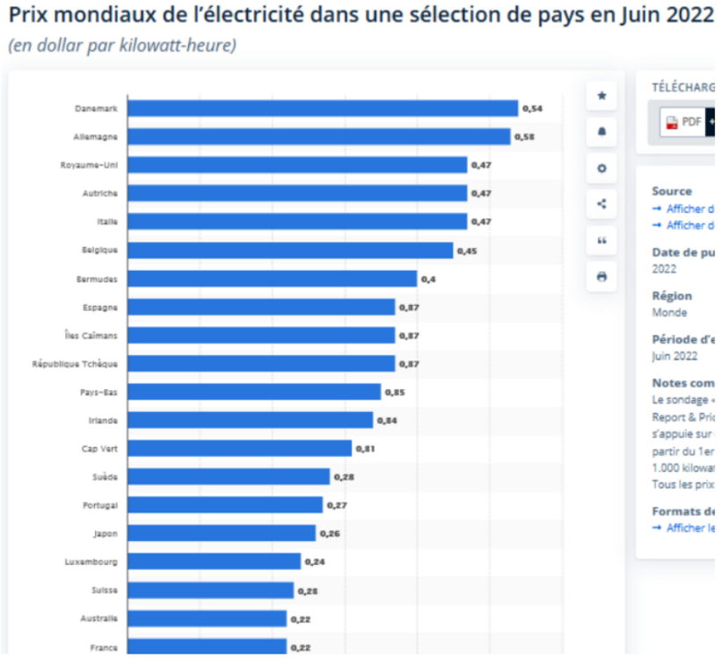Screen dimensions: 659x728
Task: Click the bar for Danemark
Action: tap(322, 108)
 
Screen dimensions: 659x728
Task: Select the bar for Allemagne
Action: tap(318, 137)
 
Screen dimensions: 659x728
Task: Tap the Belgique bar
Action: tap(289, 250)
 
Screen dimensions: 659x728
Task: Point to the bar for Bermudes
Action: tap(272, 279)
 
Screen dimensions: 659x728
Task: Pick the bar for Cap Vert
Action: tap(239, 448)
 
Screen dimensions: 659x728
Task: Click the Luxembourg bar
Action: tap(214, 561)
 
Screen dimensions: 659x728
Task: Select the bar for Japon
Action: tap(221, 533)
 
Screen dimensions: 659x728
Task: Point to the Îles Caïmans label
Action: tap(91, 336)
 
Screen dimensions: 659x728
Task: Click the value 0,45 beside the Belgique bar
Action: tap(467, 251)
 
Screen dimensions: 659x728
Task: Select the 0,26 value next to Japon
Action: tap(330, 534)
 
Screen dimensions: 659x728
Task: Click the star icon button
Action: tap(601, 96)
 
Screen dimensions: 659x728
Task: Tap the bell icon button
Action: tap(601, 132)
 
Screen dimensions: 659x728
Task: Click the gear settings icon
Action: tap(601, 168)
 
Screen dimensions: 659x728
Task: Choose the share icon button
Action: tap(601, 204)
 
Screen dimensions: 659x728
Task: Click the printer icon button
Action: tap(601, 276)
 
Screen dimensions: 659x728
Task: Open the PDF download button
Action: tap(683, 122)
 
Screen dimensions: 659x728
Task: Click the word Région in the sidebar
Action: tap(672, 296)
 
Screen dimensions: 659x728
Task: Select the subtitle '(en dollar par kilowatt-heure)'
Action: tap(122, 46)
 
